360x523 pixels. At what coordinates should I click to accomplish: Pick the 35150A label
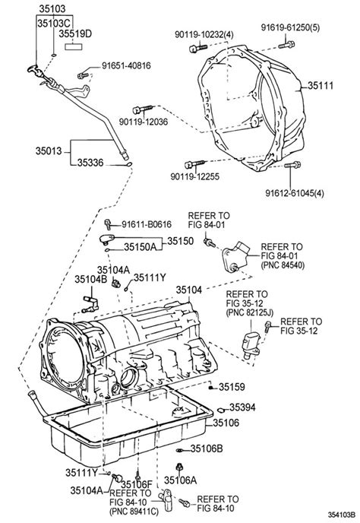coord(140,246)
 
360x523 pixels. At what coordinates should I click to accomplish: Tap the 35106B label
coord(206,449)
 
